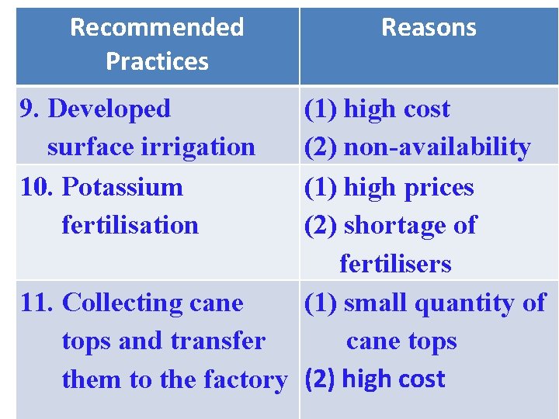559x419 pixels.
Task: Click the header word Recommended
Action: (x=157, y=27)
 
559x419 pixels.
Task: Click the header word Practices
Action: (x=157, y=61)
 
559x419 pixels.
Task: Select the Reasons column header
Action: (x=429, y=27)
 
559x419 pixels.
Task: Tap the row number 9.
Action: (x=29, y=109)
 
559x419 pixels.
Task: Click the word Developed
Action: (x=109, y=109)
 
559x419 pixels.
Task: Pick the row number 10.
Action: (x=37, y=187)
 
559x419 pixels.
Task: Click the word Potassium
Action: (x=123, y=187)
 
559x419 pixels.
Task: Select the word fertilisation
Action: (x=130, y=225)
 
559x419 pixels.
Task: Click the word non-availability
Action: (x=437, y=147)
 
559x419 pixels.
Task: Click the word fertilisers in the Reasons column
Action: (x=395, y=264)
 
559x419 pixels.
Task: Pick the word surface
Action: (x=86, y=147)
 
